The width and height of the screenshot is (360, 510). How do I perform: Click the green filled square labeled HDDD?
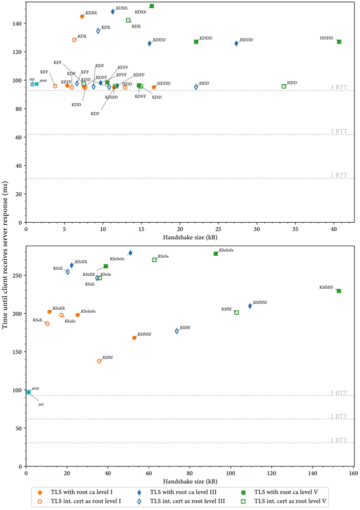(x=339, y=42)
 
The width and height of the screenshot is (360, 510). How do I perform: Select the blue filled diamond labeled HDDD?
(x=236, y=44)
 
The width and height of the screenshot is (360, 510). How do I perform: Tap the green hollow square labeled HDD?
(x=283, y=86)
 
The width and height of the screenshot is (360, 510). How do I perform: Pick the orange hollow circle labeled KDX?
(x=74, y=40)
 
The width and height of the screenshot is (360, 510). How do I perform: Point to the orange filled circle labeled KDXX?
(x=82, y=17)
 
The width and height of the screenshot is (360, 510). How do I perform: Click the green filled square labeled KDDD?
(x=196, y=42)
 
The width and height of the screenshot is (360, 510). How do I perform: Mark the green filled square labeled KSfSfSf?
(x=338, y=291)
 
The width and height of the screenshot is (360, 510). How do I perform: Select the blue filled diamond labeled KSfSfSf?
(x=250, y=306)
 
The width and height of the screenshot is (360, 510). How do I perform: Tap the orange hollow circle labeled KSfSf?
(x=99, y=361)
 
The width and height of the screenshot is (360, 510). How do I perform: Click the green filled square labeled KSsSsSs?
(x=215, y=254)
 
